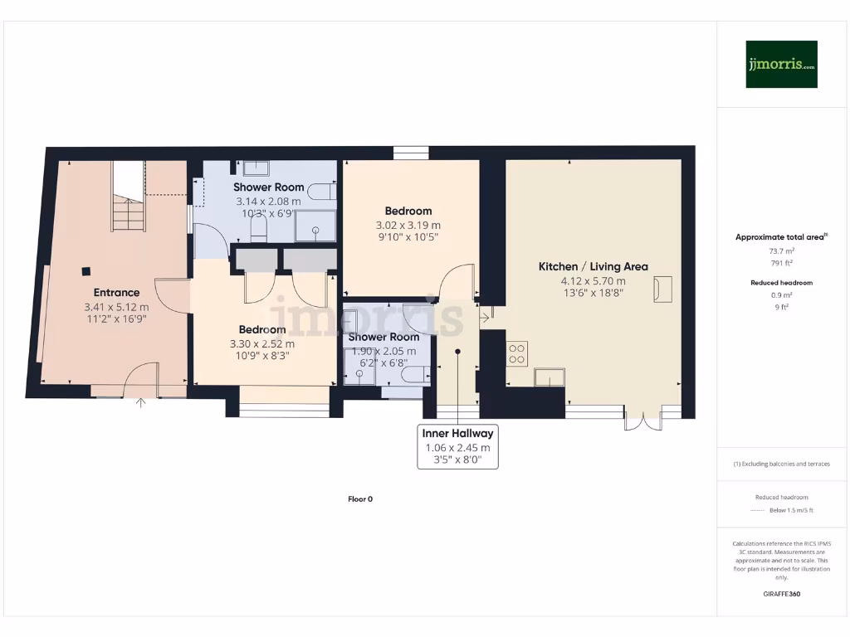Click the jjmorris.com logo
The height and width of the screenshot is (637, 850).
(781, 64)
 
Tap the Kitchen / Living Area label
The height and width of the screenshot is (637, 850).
(593, 266)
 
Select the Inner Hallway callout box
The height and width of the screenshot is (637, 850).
(457, 446)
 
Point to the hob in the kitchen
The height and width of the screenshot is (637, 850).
(516, 354)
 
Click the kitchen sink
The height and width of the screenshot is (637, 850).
(550, 378)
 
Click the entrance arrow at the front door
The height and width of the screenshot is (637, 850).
(140, 404)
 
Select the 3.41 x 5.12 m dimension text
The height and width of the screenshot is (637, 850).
(116, 307)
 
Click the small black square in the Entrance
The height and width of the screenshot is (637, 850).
(85, 270)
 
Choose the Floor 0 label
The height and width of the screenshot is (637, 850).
(360, 499)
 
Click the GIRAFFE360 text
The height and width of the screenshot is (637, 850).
(781, 594)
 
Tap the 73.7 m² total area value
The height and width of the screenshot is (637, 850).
(781, 250)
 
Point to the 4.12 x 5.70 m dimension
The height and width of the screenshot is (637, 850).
(593, 280)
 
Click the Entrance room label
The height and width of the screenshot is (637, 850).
(116, 292)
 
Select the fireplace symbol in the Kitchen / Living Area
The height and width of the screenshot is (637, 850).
(662, 289)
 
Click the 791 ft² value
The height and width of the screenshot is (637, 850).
(781, 263)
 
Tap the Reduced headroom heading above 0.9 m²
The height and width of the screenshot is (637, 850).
(781, 283)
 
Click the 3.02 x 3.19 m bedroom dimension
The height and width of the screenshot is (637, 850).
(408, 225)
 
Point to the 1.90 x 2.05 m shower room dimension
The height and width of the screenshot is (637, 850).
(383, 351)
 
